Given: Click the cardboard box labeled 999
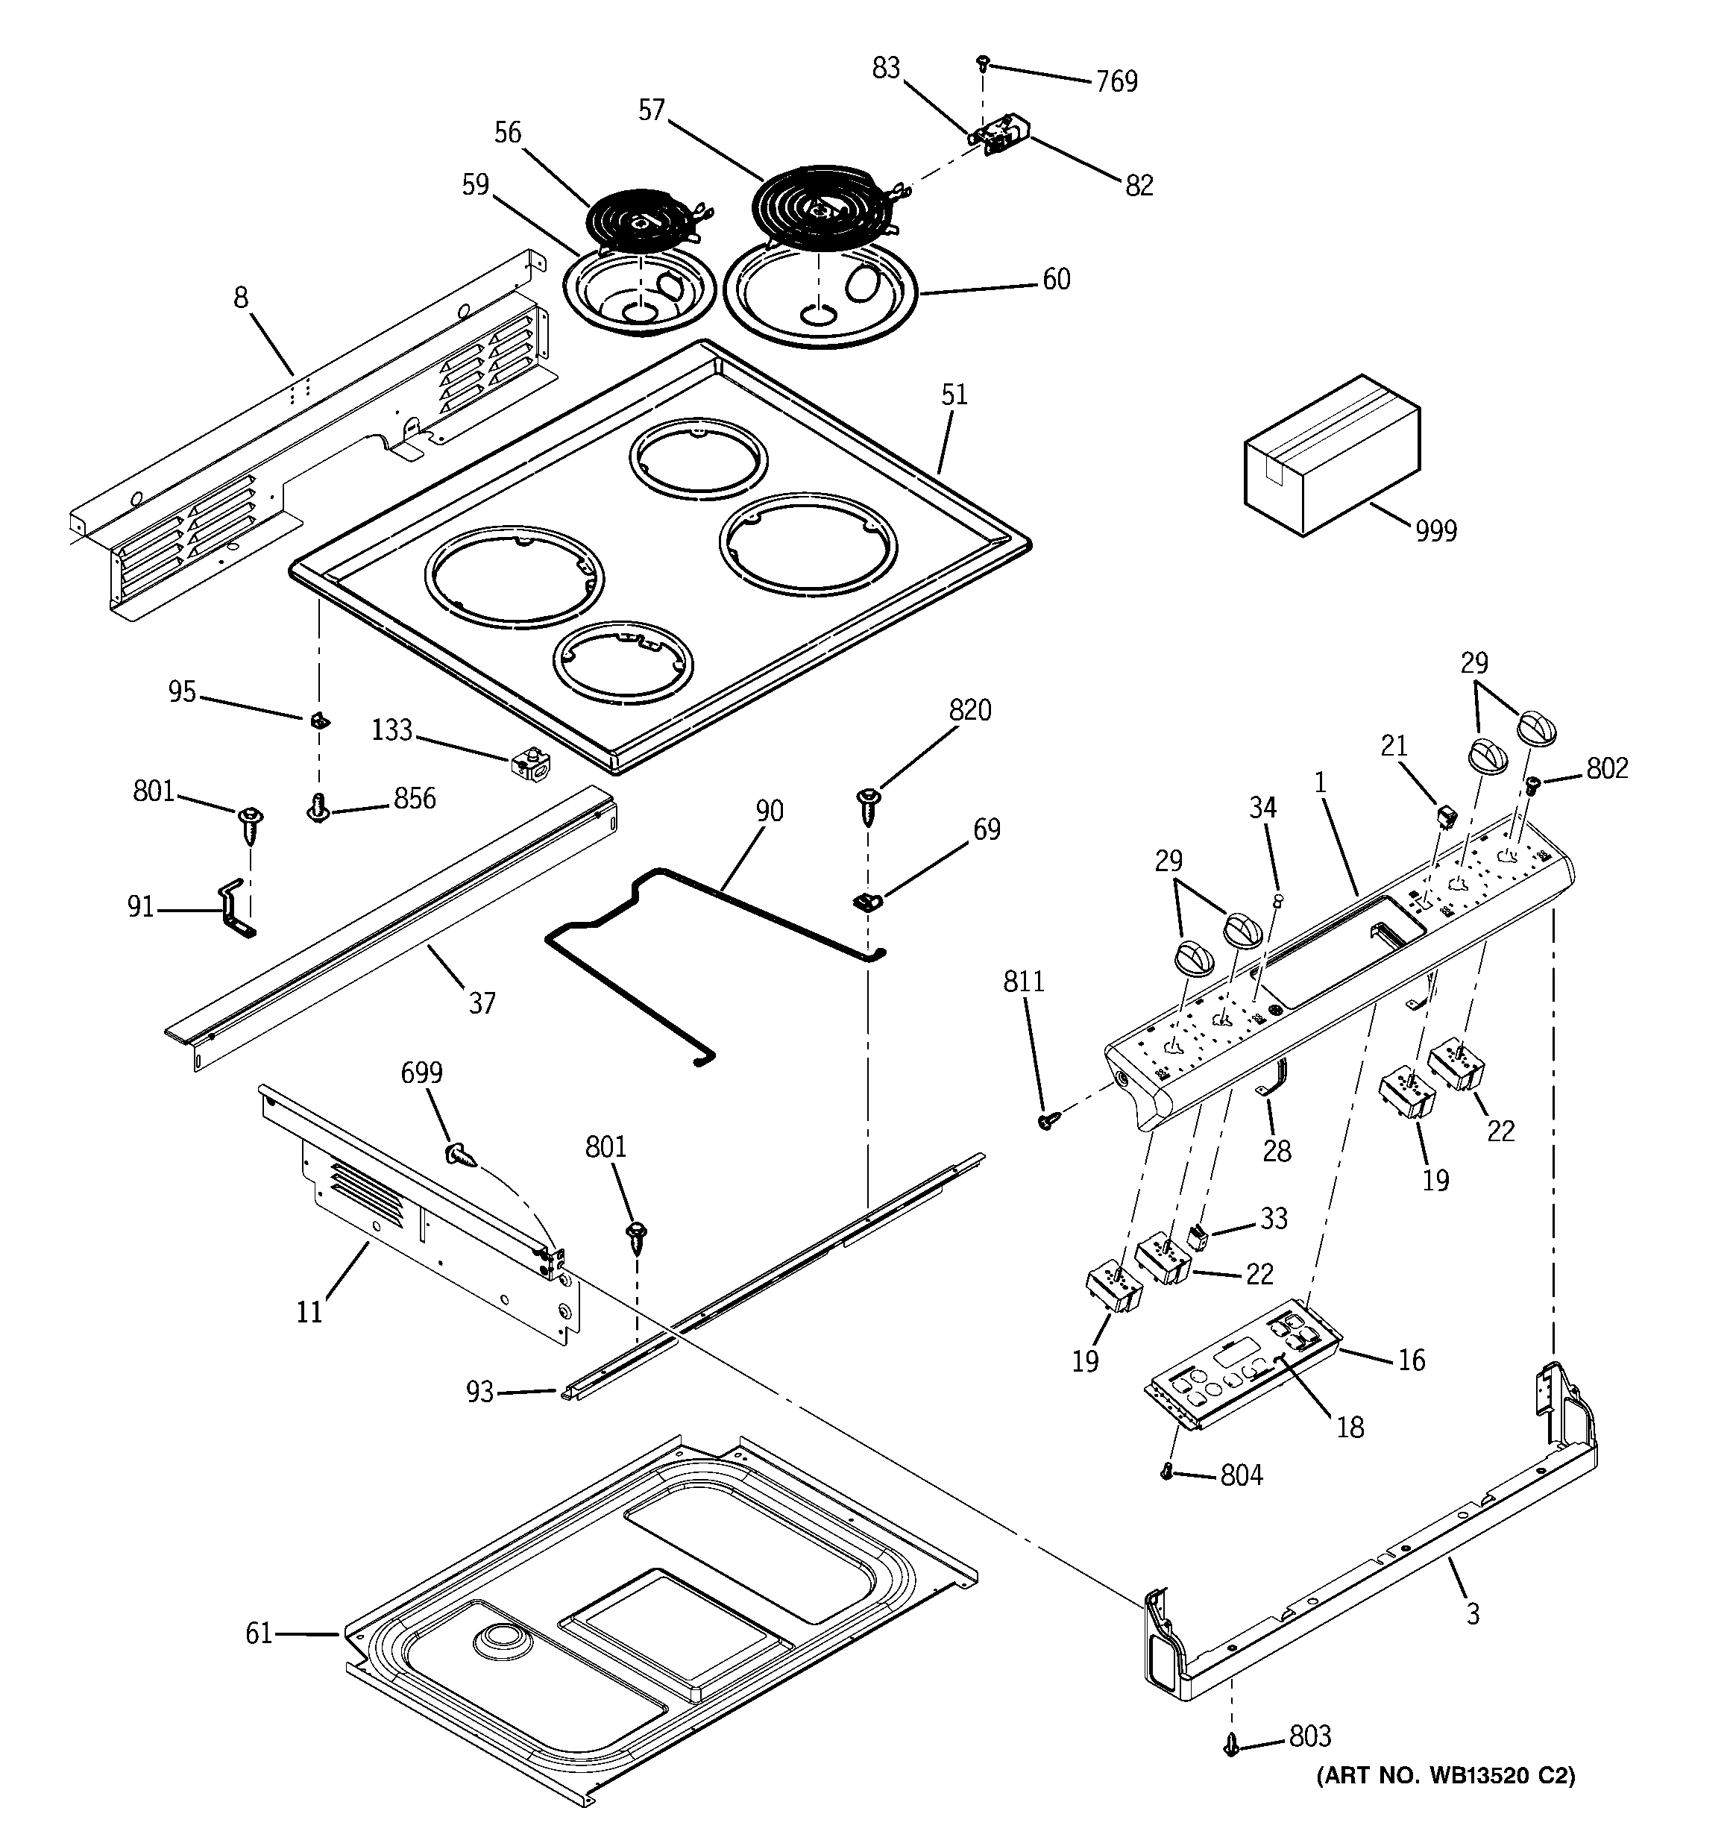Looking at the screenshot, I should [x=1332, y=456].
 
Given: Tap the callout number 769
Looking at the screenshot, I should [x=1116, y=82].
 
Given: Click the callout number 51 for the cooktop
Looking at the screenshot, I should [x=954, y=395].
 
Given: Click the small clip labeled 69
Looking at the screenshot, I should [x=866, y=899].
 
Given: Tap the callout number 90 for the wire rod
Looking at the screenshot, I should [x=769, y=811].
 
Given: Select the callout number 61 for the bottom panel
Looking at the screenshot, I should [x=258, y=1633].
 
